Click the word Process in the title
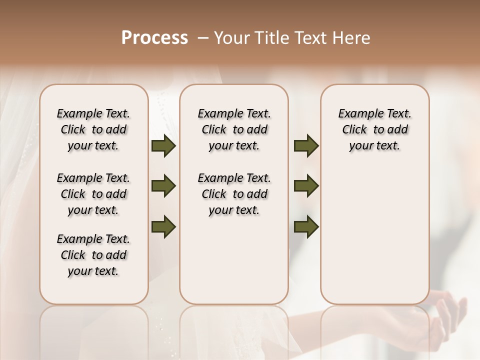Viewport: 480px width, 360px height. (x=154, y=38)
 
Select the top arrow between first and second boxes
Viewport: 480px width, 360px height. (x=163, y=146)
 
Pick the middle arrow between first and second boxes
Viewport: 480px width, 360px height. (x=163, y=186)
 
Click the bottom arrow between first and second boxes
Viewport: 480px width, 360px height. (x=163, y=227)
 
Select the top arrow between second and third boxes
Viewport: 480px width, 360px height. (x=306, y=146)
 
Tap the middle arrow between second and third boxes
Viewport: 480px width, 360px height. (x=306, y=186)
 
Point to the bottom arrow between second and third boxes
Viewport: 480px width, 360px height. (x=306, y=227)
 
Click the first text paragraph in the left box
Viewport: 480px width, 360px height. (x=93, y=129)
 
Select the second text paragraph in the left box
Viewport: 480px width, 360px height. (x=93, y=194)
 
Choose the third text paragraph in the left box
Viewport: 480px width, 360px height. (x=93, y=255)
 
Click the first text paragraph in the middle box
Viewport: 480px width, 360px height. (x=234, y=129)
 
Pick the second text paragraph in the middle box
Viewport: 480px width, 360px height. (x=234, y=194)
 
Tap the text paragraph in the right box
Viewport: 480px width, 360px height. (x=374, y=129)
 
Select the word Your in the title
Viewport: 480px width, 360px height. (x=229, y=38)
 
